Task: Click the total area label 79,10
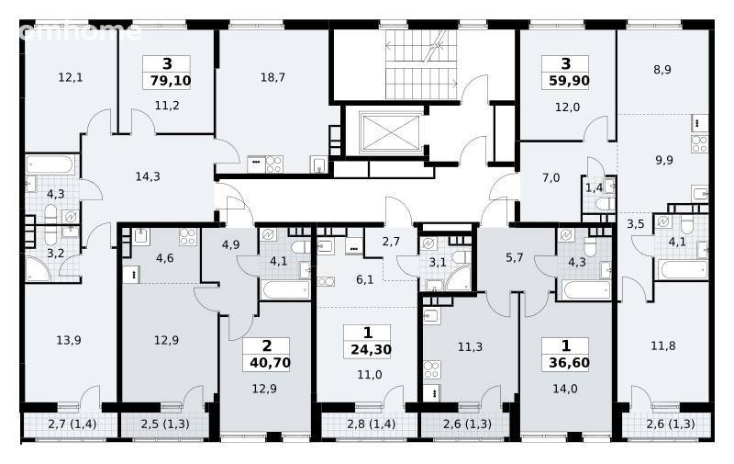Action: point(171,81)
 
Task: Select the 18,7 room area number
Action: point(272,77)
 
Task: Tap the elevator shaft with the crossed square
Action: point(390,132)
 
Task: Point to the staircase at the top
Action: point(421,64)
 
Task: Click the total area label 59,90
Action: point(569,81)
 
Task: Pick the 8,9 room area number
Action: point(662,70)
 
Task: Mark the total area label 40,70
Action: point(270,363)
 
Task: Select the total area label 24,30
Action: point(371,350)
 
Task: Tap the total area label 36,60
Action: point(569,363)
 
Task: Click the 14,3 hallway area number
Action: point(148,176)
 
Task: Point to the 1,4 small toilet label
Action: point(594,188)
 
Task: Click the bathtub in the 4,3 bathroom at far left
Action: point(50,165)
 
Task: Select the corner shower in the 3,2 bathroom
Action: point(38,269)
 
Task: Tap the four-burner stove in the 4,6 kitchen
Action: point(188,237)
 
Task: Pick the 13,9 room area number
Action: point(69,340)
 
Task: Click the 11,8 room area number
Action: point(663,346)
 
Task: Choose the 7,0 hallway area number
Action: point(551,177)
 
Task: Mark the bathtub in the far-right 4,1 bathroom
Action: point(683,270)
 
